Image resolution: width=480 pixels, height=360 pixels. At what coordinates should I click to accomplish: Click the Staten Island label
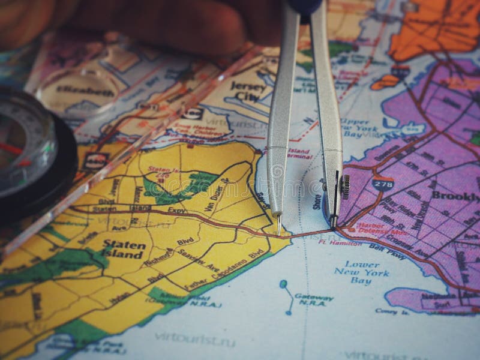124,249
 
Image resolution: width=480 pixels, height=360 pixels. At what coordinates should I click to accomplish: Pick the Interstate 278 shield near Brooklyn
382,184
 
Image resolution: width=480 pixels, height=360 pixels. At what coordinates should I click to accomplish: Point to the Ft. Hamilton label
340,242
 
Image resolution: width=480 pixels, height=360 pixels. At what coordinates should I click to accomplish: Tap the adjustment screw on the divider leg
344,186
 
